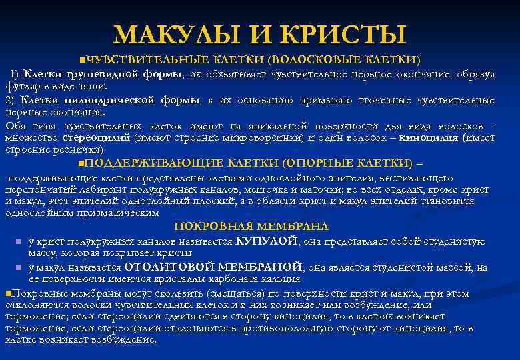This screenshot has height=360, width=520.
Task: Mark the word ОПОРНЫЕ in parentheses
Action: coord(320,163)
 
